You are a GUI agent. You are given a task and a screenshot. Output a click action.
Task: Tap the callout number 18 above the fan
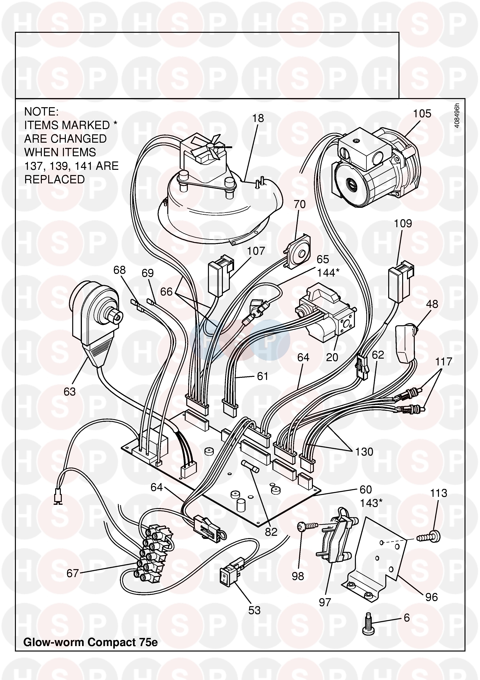point(258,118)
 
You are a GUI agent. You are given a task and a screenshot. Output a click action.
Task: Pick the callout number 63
point(70,392)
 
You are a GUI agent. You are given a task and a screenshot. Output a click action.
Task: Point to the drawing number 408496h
point(457,116)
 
